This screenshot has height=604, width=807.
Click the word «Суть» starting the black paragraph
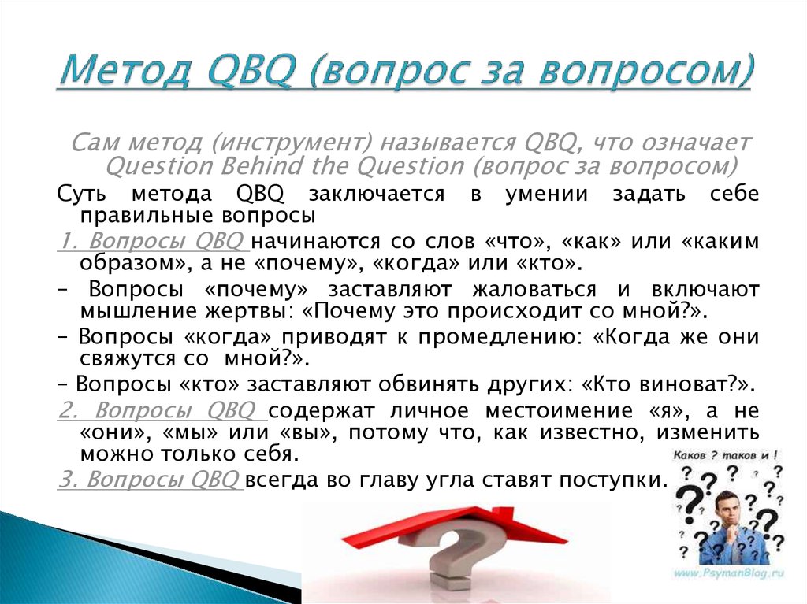point(82,194)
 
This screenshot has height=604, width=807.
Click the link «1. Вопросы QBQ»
point(153,241)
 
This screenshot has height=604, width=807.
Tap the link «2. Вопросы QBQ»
point(162,411)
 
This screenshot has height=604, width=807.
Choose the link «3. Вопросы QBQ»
point(150,480)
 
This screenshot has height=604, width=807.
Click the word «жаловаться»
point(534,291)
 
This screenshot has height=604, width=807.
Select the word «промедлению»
point(498,338)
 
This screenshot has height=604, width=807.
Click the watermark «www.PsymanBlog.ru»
point(727,573)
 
